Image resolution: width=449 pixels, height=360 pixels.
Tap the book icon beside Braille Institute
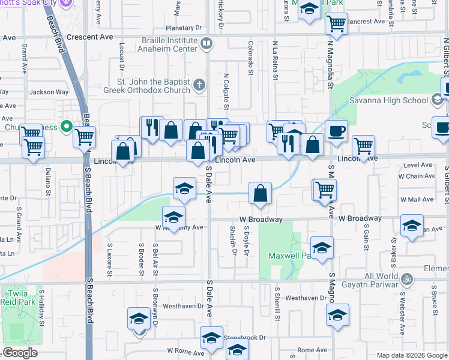(x=206, y=43)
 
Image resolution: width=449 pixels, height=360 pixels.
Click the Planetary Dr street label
(x=184, y=28)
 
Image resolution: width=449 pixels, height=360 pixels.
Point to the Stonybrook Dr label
(x=244, y=338)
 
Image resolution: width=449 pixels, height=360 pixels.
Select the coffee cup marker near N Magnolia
(x=336, y=131)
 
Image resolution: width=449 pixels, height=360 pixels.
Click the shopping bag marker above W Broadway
(x=261, y=193)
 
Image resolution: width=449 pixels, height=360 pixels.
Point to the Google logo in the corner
(x=20, y=353)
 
